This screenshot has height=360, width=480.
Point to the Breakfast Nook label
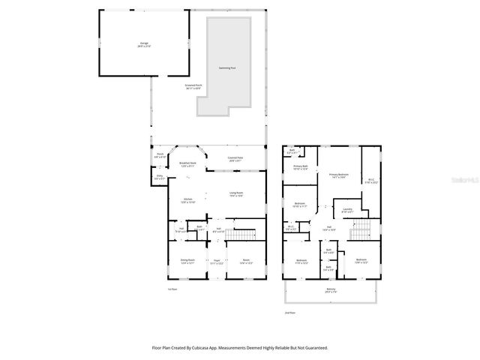pos(187,164)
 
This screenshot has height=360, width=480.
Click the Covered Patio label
pos(235,158)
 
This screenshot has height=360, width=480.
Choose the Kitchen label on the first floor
pos(187,200)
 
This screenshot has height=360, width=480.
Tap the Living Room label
pos(235,194)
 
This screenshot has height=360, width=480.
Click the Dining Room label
pos(187,262)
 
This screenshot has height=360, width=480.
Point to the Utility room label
pos(159,177)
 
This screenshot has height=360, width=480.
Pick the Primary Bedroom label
pos(339,175)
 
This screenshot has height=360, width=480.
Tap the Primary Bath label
pos(300,167)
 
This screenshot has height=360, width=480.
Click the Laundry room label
pos(347,210)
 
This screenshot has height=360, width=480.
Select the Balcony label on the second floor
pos(331,290)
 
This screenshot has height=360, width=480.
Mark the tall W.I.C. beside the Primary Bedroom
pos(371,180)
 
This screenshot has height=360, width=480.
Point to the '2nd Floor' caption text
pos(289,312)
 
